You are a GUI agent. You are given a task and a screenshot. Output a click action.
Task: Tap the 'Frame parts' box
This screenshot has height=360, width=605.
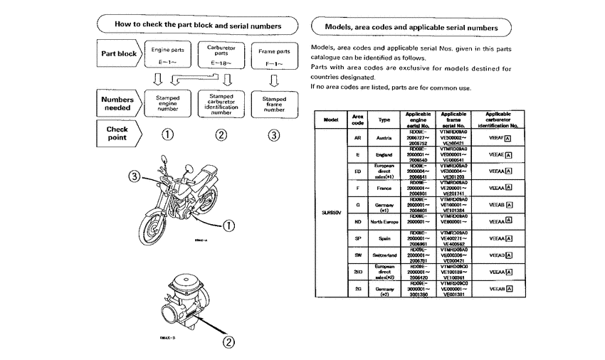point(274,55)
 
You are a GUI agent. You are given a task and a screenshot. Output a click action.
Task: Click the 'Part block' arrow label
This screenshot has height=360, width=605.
point(118,53)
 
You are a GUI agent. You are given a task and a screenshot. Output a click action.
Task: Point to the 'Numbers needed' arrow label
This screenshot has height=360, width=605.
point(118,103)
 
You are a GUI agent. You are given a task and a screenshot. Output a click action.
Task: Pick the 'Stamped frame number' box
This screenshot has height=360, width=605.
point(274,103)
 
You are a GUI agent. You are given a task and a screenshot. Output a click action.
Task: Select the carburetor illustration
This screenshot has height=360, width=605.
point(193,297)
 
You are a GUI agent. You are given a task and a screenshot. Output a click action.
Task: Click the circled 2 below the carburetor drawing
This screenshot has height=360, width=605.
point(229,342)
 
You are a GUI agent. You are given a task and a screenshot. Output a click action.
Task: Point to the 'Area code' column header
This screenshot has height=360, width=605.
point(357,118)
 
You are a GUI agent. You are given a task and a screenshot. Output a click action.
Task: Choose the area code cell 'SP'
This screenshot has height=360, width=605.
point(357,238)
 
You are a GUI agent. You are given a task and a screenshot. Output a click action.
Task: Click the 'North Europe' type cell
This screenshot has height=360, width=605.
point(384,221)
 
